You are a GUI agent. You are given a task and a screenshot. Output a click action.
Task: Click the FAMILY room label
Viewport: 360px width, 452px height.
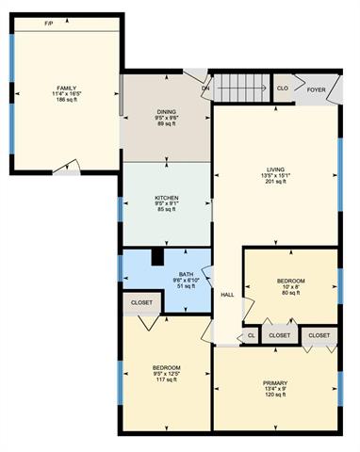67,88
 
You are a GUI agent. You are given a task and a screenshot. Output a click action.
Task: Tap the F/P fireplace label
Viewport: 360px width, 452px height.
48,24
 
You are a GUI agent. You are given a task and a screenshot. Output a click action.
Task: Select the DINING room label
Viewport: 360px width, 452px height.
167,112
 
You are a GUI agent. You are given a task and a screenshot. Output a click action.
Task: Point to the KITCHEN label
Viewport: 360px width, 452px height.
167,198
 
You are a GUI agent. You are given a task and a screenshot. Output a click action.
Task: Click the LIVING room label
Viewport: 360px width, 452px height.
275,169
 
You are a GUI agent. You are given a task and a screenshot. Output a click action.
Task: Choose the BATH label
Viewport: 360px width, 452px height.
186,274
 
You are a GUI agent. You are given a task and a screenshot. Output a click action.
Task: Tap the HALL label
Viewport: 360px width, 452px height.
227,295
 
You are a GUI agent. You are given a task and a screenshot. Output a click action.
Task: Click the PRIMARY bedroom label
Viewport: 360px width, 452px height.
275,383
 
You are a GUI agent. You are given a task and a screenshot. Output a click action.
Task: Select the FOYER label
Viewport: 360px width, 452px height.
316,89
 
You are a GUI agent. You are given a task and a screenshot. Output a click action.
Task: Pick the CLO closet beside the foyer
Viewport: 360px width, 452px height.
283,89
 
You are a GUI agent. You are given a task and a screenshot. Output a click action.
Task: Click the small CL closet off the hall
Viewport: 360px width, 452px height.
251,335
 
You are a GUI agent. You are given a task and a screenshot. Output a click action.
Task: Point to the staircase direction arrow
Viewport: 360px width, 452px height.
242,88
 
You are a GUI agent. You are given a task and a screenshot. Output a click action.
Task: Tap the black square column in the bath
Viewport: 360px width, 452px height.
157,257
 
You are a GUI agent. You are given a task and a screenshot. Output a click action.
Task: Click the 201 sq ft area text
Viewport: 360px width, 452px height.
275,181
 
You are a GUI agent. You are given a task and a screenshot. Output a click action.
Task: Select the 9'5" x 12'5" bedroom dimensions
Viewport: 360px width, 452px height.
167,374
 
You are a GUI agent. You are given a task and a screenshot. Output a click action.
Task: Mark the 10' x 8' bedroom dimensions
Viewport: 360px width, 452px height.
291,287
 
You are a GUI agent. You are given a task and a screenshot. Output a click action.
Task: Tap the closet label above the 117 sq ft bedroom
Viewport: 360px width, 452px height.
141,302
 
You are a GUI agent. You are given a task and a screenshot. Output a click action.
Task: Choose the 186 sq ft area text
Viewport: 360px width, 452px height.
67,100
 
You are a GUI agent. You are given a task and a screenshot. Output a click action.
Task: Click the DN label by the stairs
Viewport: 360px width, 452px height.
205,89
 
